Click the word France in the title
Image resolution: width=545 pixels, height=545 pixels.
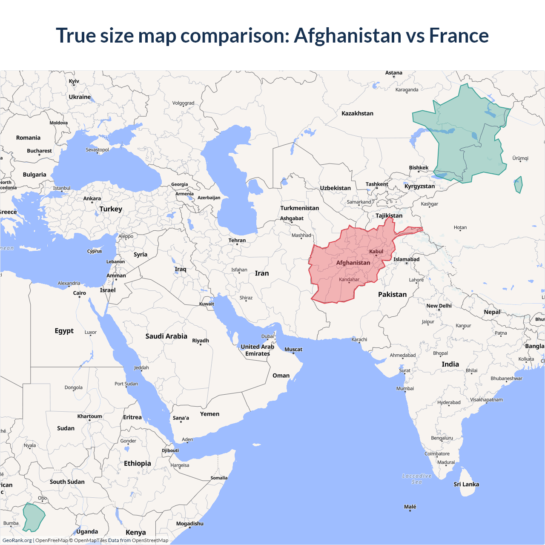point(459,35)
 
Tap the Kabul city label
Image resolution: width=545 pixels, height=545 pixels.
point(376,251)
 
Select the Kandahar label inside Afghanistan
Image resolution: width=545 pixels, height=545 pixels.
point(349,279)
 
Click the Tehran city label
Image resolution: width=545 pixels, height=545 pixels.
point(237,240)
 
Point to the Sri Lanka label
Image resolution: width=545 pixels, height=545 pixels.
point(466,484)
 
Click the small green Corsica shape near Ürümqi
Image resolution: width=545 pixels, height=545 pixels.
point(518,185)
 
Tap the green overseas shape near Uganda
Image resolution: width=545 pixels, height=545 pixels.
point(33,517)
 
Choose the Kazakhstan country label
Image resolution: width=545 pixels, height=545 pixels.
point(357,113)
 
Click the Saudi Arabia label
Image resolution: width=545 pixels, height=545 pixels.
point(166,336)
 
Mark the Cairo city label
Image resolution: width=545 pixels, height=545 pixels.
point(79,293)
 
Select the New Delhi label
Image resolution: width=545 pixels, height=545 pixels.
point(439,306)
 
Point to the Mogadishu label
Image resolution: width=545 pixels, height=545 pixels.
point(190,523)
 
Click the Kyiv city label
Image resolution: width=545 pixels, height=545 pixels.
point(74,81)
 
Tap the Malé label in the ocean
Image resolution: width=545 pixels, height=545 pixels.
point(410,506)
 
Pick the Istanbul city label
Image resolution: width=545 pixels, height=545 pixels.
point(62,188)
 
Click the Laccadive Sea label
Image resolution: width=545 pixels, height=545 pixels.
point(417,479)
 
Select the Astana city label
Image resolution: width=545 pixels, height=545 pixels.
point(394,73)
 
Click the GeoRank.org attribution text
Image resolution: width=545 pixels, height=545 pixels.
point(17,540)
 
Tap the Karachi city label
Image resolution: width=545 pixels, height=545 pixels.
point(359,339)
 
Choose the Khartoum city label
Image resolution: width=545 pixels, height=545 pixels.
point(89,416)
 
